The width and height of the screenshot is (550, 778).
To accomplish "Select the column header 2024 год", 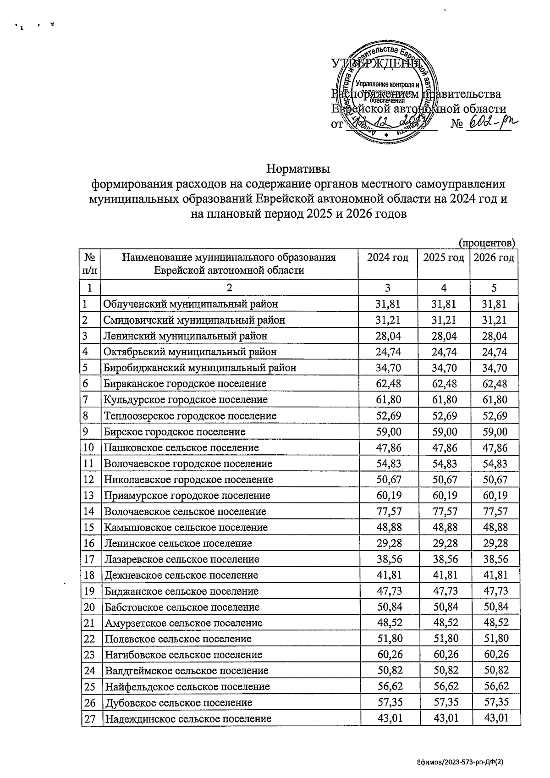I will [388, 258].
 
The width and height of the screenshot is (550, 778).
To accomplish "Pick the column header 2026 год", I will [494, 258].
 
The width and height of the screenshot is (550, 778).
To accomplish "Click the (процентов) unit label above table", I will [487, 242].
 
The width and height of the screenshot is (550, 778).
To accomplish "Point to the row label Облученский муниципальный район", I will [191, 304].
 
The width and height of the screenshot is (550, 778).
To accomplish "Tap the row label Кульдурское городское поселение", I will [186, 400].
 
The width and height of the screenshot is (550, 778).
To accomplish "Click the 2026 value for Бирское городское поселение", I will [495, 432].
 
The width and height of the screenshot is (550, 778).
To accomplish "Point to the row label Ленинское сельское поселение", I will [178, 544].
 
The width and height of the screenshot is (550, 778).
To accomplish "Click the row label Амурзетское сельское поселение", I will [183, 624].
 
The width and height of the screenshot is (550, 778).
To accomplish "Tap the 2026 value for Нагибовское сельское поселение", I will [495, 655].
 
